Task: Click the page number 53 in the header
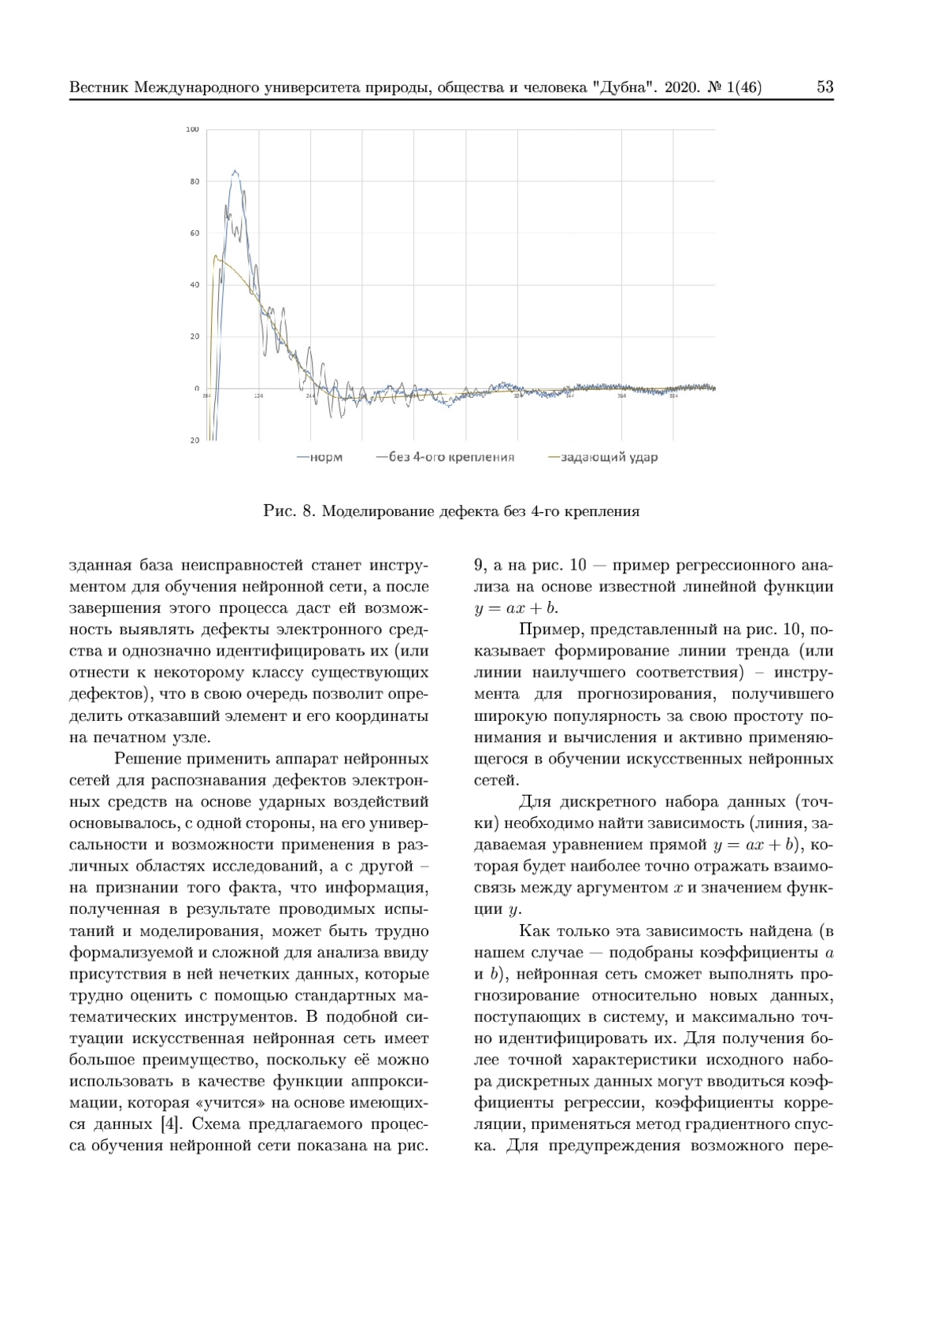825,87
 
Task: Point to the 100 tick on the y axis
192,129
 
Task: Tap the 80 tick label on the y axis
194,181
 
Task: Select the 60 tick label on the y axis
194,233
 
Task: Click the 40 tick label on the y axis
194,284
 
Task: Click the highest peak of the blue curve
235,171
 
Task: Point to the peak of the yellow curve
217,257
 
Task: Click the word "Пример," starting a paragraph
545,630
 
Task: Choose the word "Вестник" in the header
99,87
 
